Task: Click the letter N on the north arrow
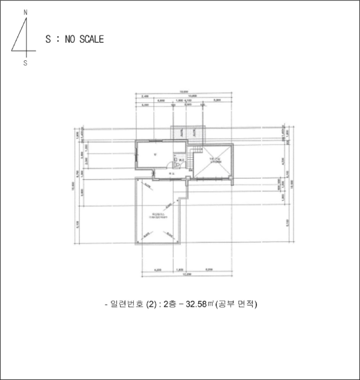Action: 25,11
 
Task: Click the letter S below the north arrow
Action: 25,62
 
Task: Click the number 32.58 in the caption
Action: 196,304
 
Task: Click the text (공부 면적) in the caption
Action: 236,304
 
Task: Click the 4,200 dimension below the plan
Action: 158,269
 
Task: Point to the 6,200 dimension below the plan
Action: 209,269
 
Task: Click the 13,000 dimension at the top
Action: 185,92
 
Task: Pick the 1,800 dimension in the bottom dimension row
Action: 181,269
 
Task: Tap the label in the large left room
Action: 155,155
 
